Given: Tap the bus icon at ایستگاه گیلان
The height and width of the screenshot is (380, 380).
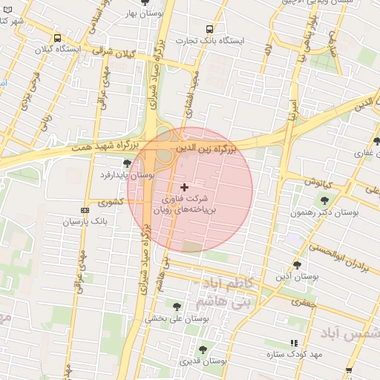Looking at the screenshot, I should click(x=57, y=38).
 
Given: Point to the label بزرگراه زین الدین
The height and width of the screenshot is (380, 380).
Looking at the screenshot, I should click(x=206, y=149).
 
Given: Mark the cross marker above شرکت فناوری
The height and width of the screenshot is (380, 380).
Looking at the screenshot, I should click(x=185, y=187).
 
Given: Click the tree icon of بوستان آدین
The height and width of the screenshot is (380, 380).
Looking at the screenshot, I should click(x=297, y=264).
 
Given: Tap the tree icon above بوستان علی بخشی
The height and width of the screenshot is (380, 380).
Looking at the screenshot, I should click(x=176, y=306).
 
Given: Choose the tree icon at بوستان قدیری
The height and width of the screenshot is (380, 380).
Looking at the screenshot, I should click(x=203, y=349).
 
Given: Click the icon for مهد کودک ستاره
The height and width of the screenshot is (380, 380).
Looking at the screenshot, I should click(x=294, y=343).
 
